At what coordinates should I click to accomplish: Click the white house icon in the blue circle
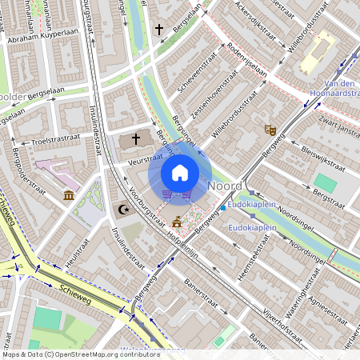pyautogui.click(x=180, y=173)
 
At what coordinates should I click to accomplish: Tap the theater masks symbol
pyautogui.click(x=270, y=128)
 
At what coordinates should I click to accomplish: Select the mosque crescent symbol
pyautogui.click(x=123, y=210)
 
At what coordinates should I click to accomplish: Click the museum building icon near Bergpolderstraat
pyautogui.click(x=69, y=195)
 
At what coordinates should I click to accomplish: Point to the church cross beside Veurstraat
pyautogui.click(x=136, y=139)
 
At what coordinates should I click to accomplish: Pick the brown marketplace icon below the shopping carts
pyautogui.click(x=177, y=222)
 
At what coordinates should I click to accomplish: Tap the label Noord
pyautogui.click(x=224, y=186)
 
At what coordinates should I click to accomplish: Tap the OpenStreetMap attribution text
pyautogui.click(x=70, y=354)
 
